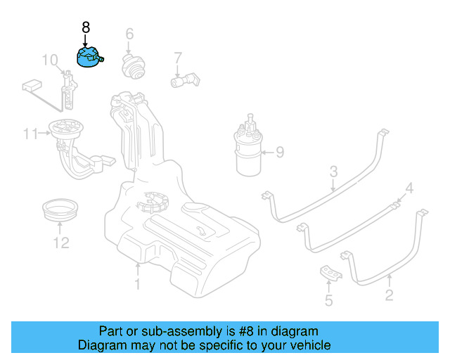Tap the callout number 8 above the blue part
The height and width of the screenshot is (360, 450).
(x=86, y=28)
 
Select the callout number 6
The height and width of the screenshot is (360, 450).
(x=129, y=34)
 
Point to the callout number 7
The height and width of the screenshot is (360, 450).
(x=178, y=57)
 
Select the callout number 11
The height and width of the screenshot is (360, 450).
(x=30, y=133)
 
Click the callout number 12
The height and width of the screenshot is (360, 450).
(x=61, y=243)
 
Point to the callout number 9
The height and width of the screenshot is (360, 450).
(x=279, y=151)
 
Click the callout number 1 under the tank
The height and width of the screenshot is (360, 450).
(x=138, y=284)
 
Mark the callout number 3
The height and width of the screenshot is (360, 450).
(x=334, y=171)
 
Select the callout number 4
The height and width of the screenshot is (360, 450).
(x=409, y=188)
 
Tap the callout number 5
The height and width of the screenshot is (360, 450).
(x=329, y=302)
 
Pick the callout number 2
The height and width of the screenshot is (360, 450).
(x=389, y=296)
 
